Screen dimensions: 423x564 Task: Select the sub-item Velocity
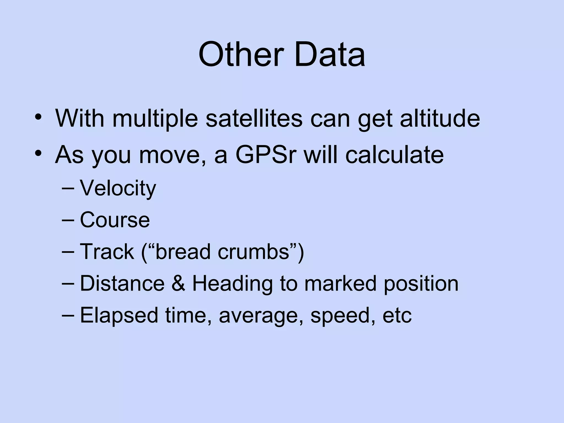click(118, 189)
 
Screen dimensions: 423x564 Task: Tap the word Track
click(107, 252)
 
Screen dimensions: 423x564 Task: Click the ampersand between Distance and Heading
click(178, 283)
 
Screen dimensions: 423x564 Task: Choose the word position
click(421, 284)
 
